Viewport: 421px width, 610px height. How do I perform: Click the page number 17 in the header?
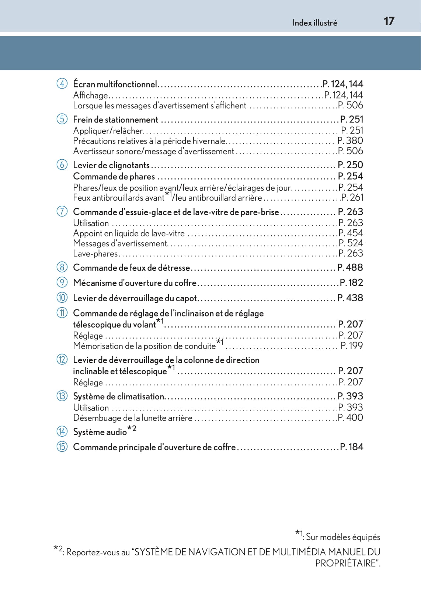tap(389, 21)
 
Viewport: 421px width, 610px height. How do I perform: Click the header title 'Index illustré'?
tap(314, 23)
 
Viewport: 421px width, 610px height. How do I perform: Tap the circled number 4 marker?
tap(62, 84)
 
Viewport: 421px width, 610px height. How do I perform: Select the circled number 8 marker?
tap(62, 267)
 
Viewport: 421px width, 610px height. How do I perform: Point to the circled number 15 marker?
tap(62, 447)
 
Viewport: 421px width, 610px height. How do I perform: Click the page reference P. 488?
tap(350, 267)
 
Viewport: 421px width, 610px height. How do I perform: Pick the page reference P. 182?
tap(351, 283)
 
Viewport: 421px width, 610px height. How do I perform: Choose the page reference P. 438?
tap(350, 298)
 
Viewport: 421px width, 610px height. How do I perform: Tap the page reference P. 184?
tap(351, 447)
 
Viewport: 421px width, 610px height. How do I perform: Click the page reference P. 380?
tap(350, 141)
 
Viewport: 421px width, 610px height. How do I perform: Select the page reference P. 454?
tap(350, 233)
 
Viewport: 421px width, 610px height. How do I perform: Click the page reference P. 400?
tap(350, 417)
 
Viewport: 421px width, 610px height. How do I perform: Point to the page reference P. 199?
tap(351, 346)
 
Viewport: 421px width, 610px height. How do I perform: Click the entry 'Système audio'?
tap(100, 432)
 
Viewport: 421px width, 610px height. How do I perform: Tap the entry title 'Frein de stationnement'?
tap(115, 119)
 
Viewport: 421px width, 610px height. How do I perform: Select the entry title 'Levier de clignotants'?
tap(111, 165)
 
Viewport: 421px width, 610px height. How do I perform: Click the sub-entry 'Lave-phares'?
tap(95, 253)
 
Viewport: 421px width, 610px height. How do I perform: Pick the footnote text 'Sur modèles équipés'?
tap(343, 537)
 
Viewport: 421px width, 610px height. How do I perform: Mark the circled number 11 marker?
tap(62, 313)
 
